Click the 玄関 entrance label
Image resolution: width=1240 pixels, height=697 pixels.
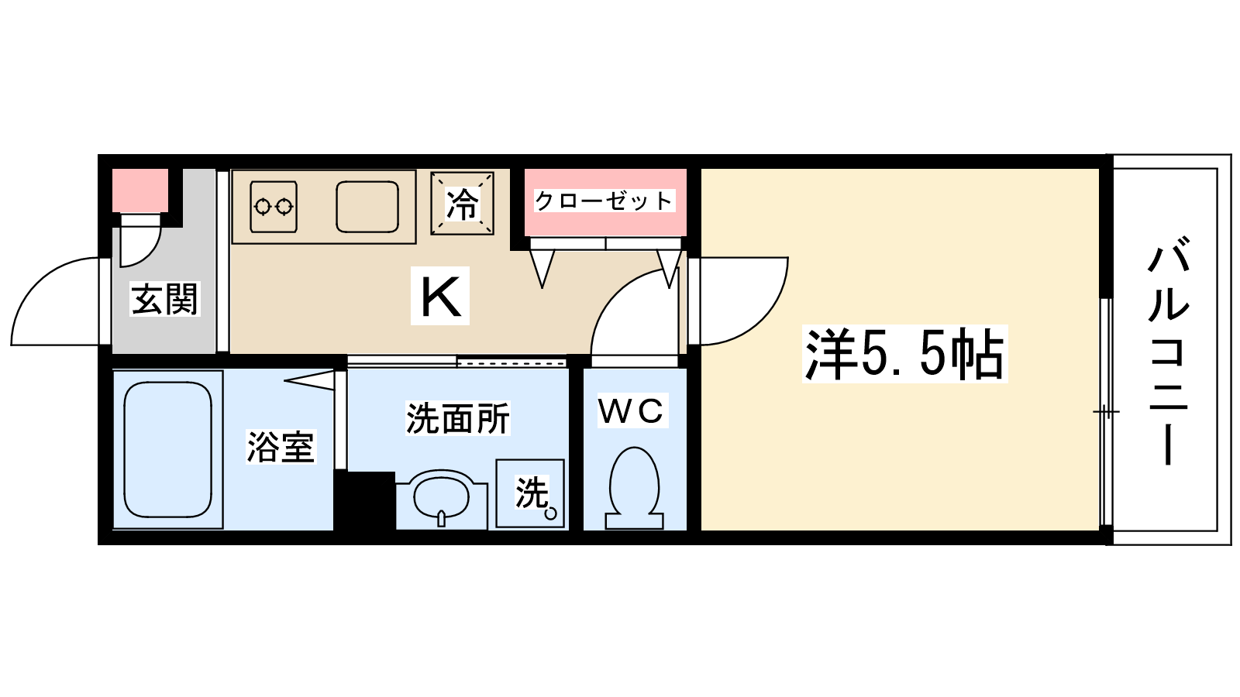[165, 300]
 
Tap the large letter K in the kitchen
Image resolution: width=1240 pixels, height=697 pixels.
[440, 296]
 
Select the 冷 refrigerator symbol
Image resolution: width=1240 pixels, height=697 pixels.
[463, 204]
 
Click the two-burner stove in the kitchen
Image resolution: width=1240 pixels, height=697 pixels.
[274, 207]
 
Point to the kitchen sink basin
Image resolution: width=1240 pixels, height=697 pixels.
[367, 207]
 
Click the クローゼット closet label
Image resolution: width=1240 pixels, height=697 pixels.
[604, 201]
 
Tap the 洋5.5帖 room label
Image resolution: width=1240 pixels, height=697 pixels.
[904, 355]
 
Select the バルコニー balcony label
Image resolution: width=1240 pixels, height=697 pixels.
[1168, 352]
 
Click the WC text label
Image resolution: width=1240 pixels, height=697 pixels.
[632, 411]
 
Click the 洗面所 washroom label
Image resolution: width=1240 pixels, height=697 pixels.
[458, 419]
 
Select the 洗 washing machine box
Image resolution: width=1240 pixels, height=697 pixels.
[531, 493]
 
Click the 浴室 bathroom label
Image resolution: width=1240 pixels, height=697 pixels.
[280, 447]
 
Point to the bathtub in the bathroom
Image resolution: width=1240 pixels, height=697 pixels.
[168, 449]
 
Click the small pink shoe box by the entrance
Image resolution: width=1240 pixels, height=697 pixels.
[140, 191]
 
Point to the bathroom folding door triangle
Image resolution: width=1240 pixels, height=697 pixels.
[310, 379]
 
